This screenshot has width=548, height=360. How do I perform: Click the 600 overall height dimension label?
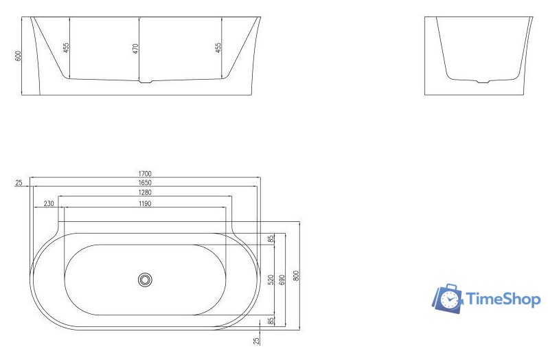19,56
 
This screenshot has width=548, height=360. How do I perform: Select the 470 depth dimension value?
136,49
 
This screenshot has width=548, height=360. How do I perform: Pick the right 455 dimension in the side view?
218,48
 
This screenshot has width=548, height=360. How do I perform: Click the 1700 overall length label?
145,174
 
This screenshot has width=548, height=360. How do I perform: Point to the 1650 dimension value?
145,183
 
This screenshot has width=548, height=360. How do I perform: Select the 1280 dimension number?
145,193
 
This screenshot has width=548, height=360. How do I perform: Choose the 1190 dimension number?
145,204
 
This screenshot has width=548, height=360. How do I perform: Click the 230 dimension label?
49,204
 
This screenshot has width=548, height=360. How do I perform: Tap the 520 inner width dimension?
271,280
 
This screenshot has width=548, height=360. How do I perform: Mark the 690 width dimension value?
282,280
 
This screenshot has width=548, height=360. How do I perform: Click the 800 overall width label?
297,275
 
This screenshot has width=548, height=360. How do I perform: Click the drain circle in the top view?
145,280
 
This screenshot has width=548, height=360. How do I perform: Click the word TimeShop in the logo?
503,299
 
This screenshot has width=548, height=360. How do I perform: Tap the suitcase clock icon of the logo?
448,298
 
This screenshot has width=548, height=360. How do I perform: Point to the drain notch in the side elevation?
145,82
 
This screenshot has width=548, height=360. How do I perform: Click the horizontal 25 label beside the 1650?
19,183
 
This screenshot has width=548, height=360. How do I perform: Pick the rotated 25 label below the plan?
257,340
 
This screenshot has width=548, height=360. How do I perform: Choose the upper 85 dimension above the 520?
271,239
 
